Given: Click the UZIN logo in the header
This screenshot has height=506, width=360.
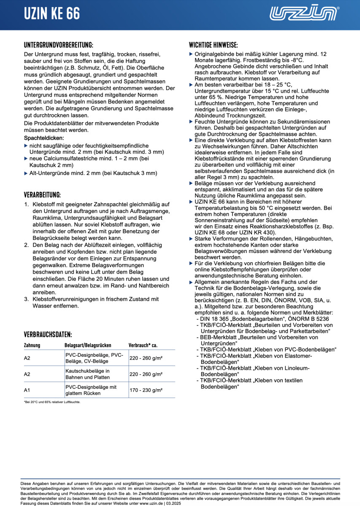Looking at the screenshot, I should pos(304,13).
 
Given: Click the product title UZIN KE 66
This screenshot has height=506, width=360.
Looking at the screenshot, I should pos(51,14).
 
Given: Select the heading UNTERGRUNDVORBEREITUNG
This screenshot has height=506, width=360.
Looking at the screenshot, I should pos(59,45).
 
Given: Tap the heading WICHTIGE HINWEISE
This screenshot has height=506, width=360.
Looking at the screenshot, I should pos(213,45).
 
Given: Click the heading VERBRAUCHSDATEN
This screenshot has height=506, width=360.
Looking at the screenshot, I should pos(48,335).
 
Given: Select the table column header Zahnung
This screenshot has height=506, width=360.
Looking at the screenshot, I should pos(32,345).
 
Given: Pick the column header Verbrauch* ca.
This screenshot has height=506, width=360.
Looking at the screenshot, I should pos(143,345).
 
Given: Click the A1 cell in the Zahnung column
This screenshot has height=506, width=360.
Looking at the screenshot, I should pos(27,390).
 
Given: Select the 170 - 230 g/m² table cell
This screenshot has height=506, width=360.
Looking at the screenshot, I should pos(146,390).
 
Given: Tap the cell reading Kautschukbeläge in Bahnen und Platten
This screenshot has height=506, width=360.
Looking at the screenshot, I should pos(87,374).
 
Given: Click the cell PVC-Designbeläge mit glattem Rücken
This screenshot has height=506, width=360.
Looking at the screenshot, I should pos(91,390).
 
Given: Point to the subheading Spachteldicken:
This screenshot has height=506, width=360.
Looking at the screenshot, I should pos(44,138).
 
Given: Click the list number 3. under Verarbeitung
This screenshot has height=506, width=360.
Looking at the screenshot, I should pos(26,299).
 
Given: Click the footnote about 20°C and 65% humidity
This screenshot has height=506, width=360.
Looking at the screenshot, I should pos(52,402).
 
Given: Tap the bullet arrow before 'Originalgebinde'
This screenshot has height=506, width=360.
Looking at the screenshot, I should pos(191,54).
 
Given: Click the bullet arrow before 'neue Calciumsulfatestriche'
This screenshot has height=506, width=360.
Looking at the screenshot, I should pos(26,158).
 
